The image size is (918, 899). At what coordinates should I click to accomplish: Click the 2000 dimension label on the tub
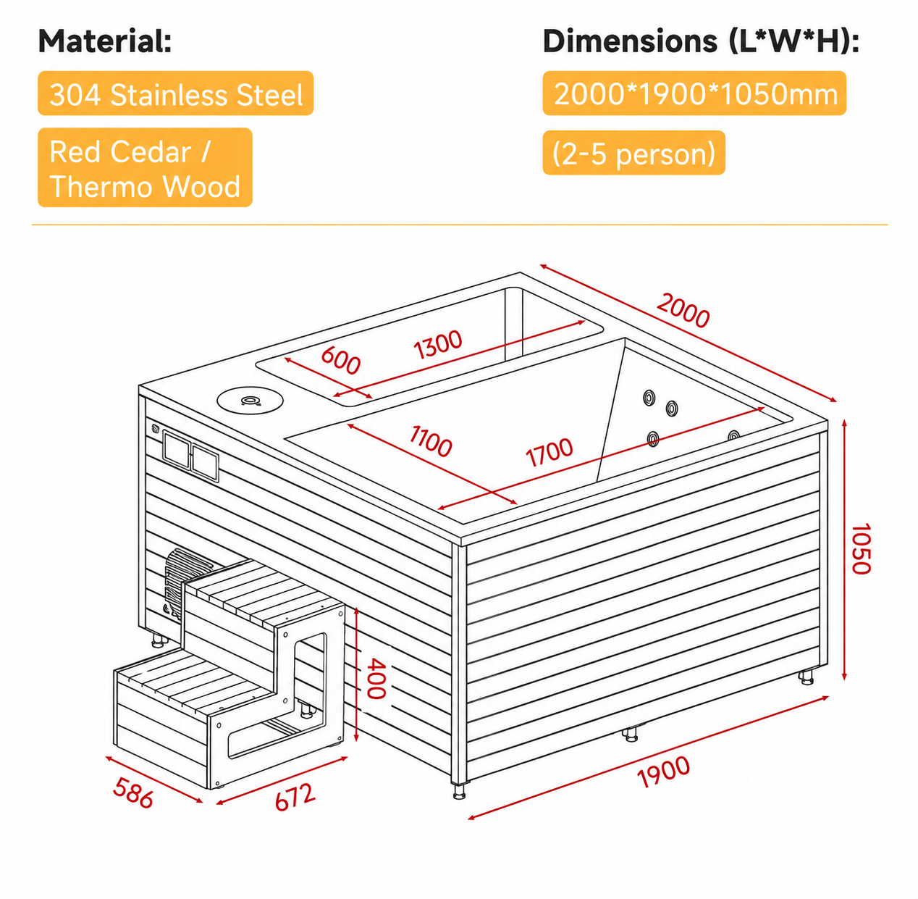click(683, 311)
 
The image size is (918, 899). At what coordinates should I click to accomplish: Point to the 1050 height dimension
click(860, 548)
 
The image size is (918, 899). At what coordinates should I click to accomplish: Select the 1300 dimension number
click(437, 344)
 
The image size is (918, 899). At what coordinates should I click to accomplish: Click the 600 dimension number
click(340, 360)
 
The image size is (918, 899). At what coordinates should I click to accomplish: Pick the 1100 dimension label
click(430, 441)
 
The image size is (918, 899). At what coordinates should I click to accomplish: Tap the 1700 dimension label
click(549, 452)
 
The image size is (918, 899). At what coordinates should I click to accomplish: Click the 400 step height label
click(376, 678)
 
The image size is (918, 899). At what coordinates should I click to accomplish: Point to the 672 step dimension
click(295, 797)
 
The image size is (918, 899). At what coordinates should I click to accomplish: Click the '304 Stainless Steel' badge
click(175, 93)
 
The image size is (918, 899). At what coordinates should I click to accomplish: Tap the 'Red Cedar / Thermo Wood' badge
click(145, 167)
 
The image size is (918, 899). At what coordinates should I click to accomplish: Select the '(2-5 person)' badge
click(633, 153)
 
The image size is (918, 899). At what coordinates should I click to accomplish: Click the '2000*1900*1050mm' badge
click(694, 93)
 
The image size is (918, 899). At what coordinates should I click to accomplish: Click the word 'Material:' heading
click(105, 41)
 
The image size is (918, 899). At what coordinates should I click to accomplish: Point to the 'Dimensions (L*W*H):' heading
click(701, 41)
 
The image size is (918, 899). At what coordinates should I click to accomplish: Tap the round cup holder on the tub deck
click(250, 400)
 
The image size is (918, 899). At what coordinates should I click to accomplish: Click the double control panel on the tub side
click(190, 456)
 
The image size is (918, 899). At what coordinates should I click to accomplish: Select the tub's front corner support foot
click(459, 792)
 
